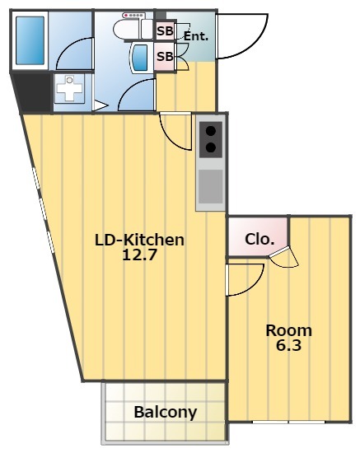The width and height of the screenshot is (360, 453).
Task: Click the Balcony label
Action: click(x=166, y=413)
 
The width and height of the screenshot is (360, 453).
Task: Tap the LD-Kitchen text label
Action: click(x=139, y=240)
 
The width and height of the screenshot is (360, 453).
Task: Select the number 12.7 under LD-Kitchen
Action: click(x=139, y=255)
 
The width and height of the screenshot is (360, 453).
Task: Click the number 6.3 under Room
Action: click(x=288, y=345)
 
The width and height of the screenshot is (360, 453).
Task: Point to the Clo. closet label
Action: click(x=259, y=239)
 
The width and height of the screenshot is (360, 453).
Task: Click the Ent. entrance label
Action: click(x=196, y=36)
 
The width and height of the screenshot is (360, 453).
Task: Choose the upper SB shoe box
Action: click(x=165, y=30)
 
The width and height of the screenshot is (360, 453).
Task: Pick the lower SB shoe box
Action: click(x=165, y=56)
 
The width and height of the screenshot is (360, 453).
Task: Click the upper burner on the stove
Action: click(x=211, y=131)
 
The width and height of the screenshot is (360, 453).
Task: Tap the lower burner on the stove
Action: click(x=211, y=147)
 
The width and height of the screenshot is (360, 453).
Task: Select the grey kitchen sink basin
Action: click(x=211, y=186)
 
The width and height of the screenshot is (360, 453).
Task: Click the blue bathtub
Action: click(x=30, y=40)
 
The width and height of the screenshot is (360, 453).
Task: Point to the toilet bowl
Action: click(x=127, y=29)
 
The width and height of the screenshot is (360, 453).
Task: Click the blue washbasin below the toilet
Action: click(x=140, y=58)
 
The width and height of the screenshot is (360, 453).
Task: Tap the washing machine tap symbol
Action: click(x=69, y=88)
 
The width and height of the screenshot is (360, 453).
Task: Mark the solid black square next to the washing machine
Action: click(x=34, y=92)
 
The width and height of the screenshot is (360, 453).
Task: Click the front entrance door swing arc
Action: click(x=255, y=44)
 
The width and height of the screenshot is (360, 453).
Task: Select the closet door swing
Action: click(x=284, y=257)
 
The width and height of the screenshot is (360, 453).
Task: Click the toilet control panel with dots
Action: click(x=133, y=15)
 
